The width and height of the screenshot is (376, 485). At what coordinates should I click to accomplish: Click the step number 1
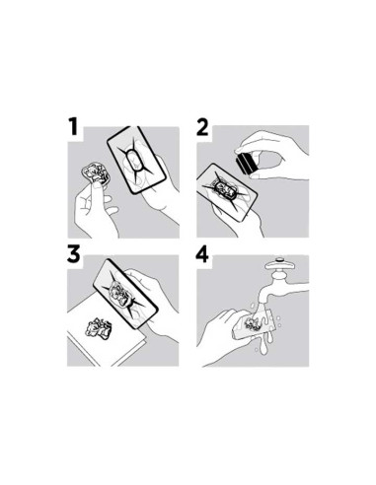(73, 127)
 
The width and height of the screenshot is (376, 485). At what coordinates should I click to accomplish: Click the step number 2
(202, 127)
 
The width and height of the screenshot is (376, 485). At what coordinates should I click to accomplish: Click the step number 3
(73, 254)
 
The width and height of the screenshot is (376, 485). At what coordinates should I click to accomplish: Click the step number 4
(202, 255)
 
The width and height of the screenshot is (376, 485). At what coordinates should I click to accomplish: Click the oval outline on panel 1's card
(135, 161)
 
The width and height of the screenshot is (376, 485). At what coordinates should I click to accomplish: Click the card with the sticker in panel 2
(227, 192)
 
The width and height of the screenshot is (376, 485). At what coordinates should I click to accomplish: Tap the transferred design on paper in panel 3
(100, 327)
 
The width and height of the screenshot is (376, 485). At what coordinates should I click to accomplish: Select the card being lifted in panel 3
(126, 294)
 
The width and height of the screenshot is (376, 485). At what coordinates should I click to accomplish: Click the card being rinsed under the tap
(253, 323)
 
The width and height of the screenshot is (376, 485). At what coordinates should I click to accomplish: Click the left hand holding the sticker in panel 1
(94, 209)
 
